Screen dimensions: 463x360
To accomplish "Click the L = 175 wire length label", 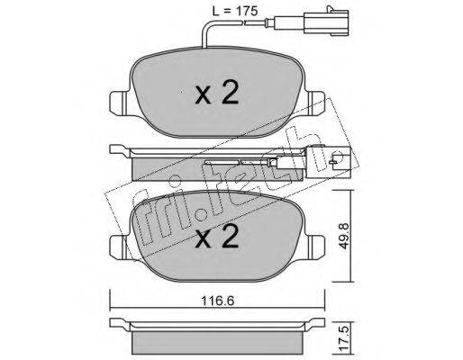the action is (235, 11).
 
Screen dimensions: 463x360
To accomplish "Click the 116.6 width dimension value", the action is (217, 301).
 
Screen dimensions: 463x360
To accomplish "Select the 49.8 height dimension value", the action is (345, 235).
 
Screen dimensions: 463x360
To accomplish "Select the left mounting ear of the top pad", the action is (119, 103).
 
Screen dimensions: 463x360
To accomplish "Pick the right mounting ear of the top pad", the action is (315, 103).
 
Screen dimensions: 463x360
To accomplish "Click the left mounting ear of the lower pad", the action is (119, 247).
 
